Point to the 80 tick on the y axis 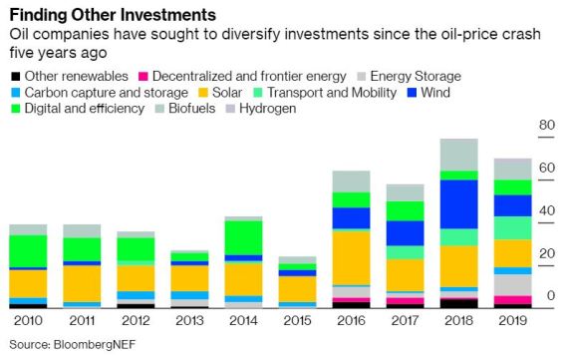(x=546, y=125)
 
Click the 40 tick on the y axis (x=546, y=211)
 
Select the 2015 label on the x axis (x=297, y=322)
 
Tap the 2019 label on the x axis (x=512, y=322)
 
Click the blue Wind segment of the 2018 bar (x=458, y=203)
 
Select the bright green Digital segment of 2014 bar (x=243, y=237)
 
